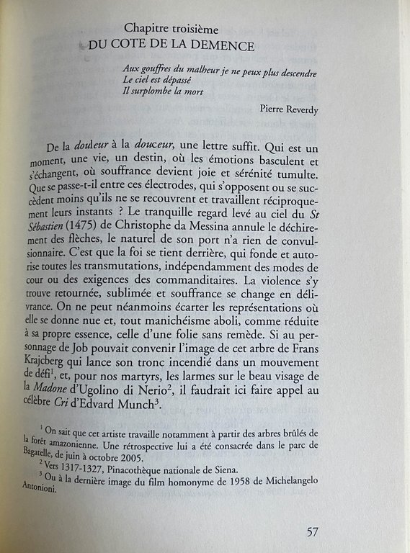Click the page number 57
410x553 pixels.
(x=312, y=533)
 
